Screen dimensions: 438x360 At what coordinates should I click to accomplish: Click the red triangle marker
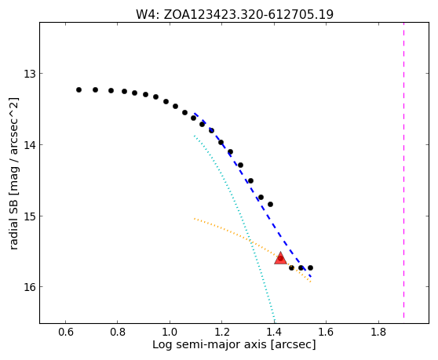coord(280,258)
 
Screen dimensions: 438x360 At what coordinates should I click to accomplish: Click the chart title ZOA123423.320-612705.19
coord(248,14)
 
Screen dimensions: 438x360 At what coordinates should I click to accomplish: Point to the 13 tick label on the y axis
coord(29,74)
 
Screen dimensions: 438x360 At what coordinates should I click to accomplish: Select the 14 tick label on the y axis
coord(29,145)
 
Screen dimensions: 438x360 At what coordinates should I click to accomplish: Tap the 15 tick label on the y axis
coord(29,216)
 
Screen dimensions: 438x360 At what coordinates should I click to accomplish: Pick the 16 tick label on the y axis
coord(29,287)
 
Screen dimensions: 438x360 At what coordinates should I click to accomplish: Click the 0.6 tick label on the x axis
coord(66,332)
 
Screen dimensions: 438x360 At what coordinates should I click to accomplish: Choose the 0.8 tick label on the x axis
coord(118,332)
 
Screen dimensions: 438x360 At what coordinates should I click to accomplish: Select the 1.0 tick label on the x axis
coord(170,332)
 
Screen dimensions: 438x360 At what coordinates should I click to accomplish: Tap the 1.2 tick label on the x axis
coord(222,332)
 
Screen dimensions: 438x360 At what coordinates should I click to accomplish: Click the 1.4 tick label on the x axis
coord(274,332)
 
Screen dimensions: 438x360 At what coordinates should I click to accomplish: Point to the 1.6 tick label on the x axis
coord(326,332)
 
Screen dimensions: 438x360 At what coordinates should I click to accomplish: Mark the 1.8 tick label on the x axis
coord(378,332)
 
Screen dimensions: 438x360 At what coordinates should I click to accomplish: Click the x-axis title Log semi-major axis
coord(210,345)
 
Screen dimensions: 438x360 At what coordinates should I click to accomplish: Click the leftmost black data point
coord(78,90)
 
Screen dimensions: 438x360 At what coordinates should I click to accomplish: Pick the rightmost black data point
coord(310,268)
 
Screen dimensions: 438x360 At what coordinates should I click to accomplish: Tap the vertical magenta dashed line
coord(403,170)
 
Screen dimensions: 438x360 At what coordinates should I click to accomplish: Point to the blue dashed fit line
coord(254,195)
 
